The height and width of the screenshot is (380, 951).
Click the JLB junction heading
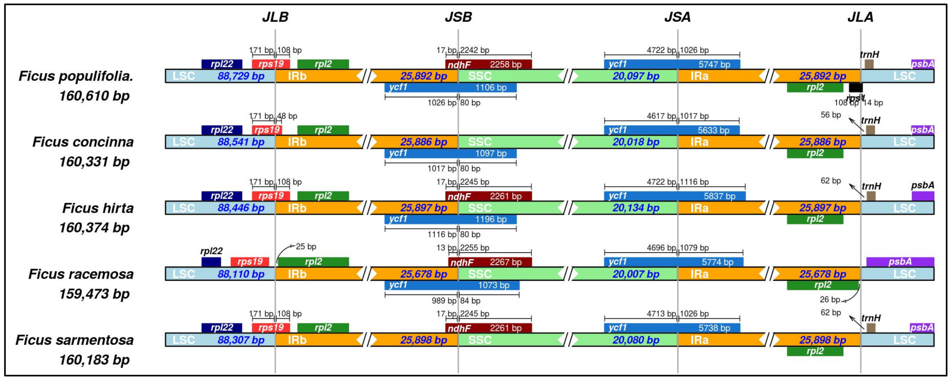pos(275,17)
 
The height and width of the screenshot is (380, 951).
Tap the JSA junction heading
pos(677,17)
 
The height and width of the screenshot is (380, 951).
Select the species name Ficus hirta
pos(98,208)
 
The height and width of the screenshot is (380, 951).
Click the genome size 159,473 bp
pos(94,294)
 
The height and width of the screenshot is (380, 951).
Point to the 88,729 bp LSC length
pos(241,76)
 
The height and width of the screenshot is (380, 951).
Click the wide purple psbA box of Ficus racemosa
pos(900,262)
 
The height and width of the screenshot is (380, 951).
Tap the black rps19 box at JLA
pos(855,87)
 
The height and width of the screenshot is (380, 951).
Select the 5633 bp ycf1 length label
pos(713,130)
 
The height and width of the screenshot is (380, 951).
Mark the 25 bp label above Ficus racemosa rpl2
pos(306,246)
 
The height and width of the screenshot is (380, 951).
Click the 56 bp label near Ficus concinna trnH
pos(831,115)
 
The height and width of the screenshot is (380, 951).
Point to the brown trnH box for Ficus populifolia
pos(869,64)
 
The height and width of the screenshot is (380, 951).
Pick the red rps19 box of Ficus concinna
pos(267,130)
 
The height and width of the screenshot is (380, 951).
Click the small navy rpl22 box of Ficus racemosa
pos(211,262)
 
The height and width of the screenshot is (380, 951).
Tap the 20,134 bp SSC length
pos(636,208)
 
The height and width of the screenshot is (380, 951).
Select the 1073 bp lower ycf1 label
pos(494,286)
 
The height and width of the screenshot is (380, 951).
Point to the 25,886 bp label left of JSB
pos(424,142)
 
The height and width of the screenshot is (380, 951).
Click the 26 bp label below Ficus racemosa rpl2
pos(830,299)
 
